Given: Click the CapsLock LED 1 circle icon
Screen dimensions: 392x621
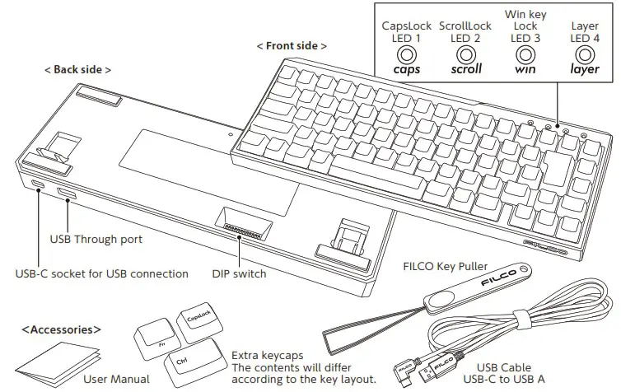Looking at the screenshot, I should (x=406, y=55).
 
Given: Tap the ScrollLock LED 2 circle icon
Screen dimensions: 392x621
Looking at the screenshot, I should (x=466, y=55).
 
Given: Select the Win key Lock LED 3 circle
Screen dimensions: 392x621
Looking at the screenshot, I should (x=525, y=55).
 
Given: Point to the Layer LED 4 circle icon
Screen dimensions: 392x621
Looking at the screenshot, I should (x=585, y=55).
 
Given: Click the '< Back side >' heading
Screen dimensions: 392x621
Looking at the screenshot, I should (x=77, y=70).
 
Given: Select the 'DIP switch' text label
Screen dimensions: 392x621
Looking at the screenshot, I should (x=239, y=273).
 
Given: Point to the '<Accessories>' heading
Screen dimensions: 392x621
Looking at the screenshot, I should (x=62, y=329).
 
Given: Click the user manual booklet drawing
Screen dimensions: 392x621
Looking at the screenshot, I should (x=58, y=363).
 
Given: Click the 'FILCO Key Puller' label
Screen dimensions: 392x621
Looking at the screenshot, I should (x=446, y=267).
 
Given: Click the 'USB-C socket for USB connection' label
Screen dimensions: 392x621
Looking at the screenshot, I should (x=102, y=273).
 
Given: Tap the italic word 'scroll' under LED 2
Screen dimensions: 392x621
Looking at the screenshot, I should (x=466, y=70).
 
